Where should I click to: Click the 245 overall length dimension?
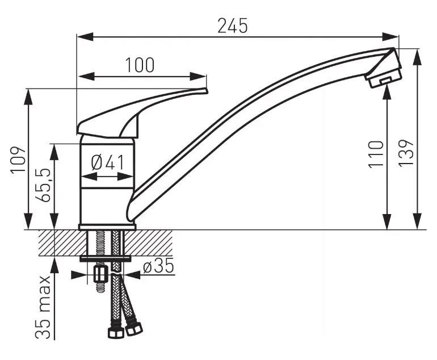pos(233,26)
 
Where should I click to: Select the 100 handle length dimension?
pos(140,65)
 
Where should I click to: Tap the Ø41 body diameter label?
pos(108,162)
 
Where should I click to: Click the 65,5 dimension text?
pos(43,185)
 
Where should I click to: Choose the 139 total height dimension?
pos(406,153)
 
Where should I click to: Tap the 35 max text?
pos(43,307)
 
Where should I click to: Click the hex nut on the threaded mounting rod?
pos(100,274)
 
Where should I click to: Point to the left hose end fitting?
pos(116,331)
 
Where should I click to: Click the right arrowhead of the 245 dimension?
pos(390,36)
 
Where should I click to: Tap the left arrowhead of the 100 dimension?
pos(86,76)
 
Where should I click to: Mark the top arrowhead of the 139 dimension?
pos(417,58)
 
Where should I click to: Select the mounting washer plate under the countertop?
pos(106,258)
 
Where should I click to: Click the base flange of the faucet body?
pos(107,227)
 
